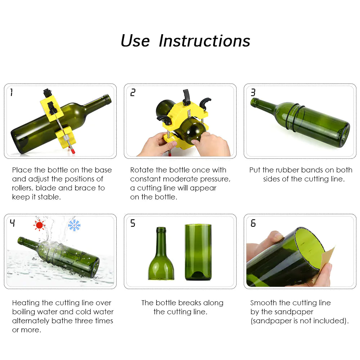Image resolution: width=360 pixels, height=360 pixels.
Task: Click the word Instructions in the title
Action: [204, 41]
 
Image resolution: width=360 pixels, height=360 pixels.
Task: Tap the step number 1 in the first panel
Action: [12, 93]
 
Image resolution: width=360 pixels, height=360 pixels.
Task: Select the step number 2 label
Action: [133, 93]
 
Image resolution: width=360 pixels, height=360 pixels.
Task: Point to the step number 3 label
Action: [253, 93]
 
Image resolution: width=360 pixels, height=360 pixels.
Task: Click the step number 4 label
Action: [12, 224]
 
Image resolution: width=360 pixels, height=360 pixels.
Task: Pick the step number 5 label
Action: [133, 224]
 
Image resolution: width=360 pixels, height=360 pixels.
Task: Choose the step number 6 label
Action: [253, 224]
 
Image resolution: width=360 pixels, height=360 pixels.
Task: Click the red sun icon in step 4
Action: [39, 225]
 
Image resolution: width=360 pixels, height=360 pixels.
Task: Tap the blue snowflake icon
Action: [74, 225]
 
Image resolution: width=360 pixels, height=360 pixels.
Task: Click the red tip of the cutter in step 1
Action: [72, 153]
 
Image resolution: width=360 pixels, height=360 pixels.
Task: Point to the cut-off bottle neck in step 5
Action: [161, 256]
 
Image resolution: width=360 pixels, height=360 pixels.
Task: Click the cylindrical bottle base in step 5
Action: [198, 252]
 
